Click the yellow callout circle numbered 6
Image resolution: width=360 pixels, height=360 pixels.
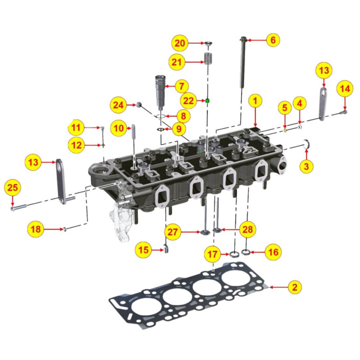tap(272, 40)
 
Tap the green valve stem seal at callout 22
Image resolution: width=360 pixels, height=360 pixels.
tap(207, 101)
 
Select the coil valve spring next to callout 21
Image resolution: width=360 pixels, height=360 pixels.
tap(207, 58)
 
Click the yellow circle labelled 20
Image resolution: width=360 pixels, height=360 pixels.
tap(180, 43)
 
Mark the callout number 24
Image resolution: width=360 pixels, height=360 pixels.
tap(118, 105)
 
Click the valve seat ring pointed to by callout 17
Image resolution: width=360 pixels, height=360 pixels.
tap(234, 255)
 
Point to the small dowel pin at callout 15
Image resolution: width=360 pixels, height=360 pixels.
tap(165, 248)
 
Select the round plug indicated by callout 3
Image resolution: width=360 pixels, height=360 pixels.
tap(307, 144)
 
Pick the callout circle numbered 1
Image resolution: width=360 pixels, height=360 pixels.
tap(255, 101)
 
